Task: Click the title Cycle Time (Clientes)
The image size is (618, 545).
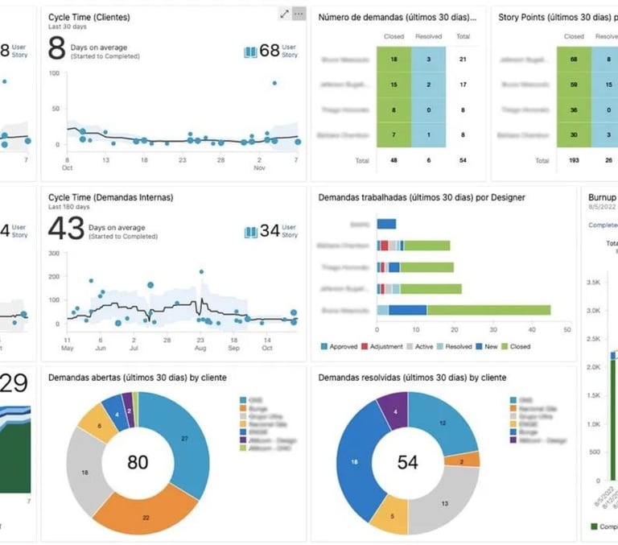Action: point(89,17)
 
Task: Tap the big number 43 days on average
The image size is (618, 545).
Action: point(66,229)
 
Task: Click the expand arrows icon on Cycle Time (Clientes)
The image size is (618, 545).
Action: point(284,14)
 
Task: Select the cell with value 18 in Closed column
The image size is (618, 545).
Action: point(393,59)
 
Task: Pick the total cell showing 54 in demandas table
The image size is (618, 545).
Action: point(462,160)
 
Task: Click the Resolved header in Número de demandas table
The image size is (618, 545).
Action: point(428,36)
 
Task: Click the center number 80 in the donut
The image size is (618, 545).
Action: point(138,461)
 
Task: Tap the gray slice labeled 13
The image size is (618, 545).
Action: point(444,504)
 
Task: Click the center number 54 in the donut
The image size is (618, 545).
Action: point(408,461)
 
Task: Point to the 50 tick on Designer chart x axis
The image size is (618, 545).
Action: point(567,330)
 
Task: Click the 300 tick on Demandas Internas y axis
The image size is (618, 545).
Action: point(55,253)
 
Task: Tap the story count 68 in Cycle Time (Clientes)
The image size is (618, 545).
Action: point(270,51)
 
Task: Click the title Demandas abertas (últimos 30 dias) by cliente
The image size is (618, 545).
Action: point(138,377)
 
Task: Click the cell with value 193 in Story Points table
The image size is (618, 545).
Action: point(574,160)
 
